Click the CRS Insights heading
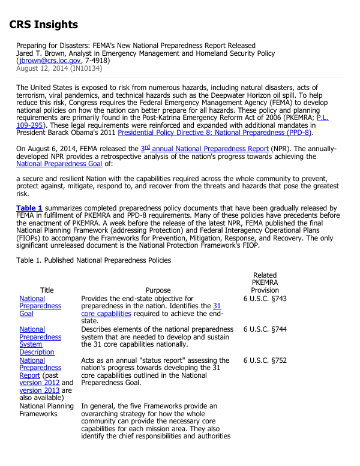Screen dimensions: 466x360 (44, 25)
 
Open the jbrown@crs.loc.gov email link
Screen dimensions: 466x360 (50, 61)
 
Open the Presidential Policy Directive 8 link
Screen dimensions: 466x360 (215, 133)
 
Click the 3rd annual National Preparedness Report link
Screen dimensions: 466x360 (204, 148)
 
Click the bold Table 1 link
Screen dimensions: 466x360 (29, 208)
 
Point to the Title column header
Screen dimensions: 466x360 (47, 290)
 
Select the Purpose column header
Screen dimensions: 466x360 (158, 290)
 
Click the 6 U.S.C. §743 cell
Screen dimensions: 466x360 (265, 298)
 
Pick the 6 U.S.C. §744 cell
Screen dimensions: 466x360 (265, 329)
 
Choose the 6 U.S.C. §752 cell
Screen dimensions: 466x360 (265, 360)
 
